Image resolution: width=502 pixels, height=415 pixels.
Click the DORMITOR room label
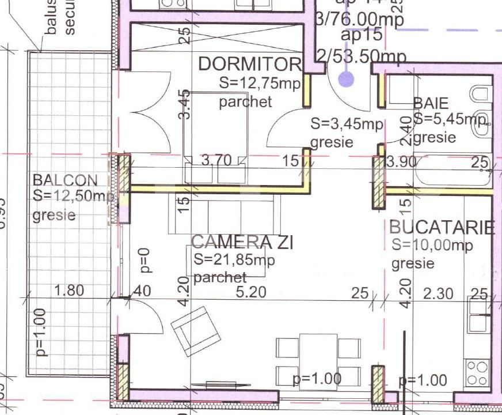click(249, 64)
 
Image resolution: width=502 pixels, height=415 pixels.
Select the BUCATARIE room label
click(442, 227)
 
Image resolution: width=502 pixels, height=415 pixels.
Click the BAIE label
click(431, 104)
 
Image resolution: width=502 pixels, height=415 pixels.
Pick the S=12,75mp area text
click(260, 83)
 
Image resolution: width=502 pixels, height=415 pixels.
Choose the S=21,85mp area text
click(234, 260)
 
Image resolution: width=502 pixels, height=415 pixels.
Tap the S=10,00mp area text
click(432, 245)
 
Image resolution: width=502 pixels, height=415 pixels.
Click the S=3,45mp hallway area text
click(347, 123)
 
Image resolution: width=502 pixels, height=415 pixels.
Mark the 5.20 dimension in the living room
click(252, 292)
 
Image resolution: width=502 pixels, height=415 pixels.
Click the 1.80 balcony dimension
click(69, 290)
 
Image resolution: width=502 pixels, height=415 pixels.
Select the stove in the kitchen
click(478, 372)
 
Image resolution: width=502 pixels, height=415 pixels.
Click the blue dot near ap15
click(346, 79)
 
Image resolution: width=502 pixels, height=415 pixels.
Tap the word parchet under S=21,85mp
click(220, 278)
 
